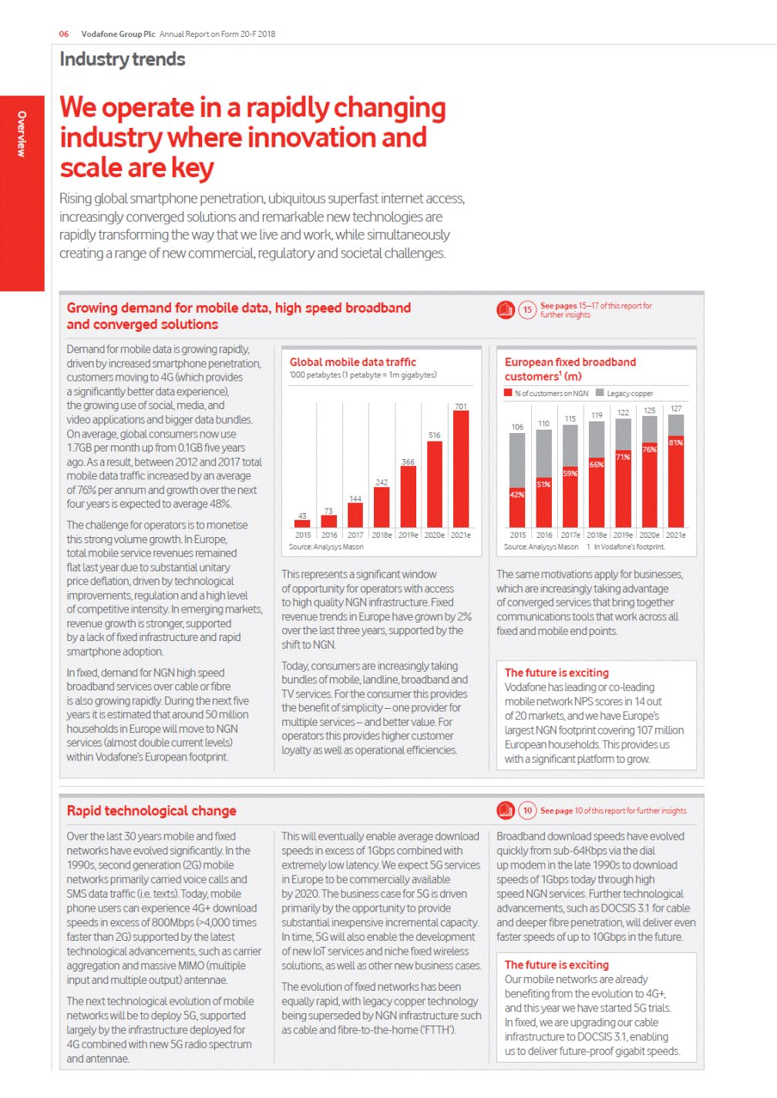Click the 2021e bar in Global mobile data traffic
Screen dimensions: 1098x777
pos(461,468)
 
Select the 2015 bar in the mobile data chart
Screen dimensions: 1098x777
pos(302,524)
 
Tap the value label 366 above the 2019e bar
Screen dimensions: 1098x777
pos(408,462)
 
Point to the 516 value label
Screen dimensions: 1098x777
pos(435,435)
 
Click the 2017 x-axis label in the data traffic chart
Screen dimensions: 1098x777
pos(355,535)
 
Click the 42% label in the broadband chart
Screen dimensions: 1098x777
pos(517,495)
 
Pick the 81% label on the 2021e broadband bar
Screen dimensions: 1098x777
pos(676,442)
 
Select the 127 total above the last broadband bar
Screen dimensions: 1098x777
pos(676,408)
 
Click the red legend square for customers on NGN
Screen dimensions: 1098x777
pos(508,393)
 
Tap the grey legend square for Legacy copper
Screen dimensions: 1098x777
pos(600,393)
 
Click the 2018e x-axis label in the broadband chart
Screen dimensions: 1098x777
pos(597,535)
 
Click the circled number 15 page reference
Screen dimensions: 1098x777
pos(527,310)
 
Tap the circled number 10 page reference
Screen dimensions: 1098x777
pos(527,811)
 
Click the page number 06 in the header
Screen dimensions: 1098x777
pos(64,34)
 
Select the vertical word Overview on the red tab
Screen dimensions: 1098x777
pos(22,134)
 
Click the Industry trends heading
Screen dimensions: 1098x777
pos(123,59)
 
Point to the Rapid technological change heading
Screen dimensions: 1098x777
pos(151,811)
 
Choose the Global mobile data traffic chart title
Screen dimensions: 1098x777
pos(352,362)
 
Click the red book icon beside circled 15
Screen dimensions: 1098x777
pos(506,310)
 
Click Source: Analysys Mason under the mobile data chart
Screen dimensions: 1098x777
pos(326,547)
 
